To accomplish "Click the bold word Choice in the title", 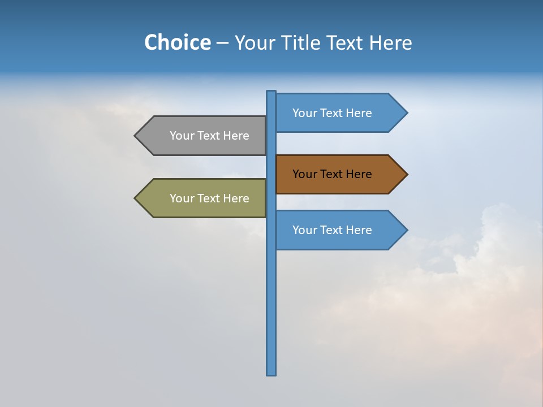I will pos(177,42).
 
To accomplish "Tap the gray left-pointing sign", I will pos(204,136).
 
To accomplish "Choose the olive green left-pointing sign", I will pos(204,198).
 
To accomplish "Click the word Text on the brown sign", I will pos(332,174).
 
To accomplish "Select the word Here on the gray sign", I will pos(236,136).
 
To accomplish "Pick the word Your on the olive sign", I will pos(182,198).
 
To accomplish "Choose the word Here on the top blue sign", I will pos(359,113).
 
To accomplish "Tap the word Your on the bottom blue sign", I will pos(304,230).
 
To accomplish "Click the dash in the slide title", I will pos(223,43).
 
